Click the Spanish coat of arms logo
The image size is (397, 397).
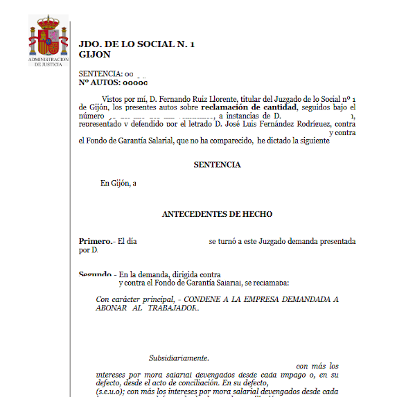click(48, 37)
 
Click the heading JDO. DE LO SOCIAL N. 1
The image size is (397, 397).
click(137, 44)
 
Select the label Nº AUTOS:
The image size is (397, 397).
click(100, 82)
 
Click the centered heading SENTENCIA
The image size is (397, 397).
click(217, 165)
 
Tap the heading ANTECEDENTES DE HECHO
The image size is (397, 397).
click(217, 214)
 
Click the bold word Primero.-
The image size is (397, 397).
click(96, 241)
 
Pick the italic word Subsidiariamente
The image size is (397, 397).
click(179, 358)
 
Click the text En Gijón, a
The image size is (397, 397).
click(118, 184)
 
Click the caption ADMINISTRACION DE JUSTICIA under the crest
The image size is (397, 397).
click(48, 62)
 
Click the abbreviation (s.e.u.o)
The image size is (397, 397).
click(111, 391)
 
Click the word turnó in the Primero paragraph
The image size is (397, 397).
click(229, 241)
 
